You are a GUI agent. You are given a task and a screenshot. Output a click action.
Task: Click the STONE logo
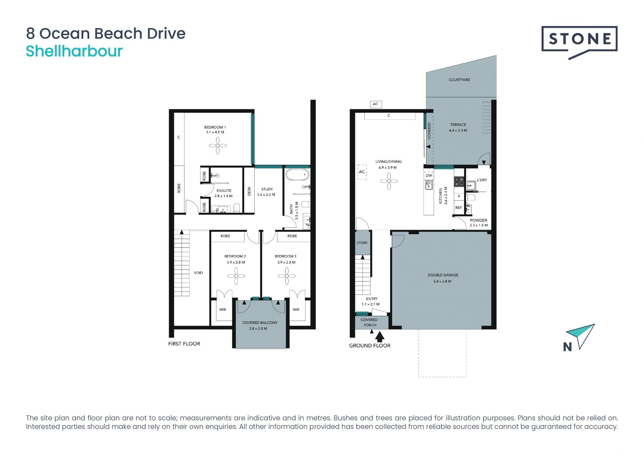click(x=579, y=42)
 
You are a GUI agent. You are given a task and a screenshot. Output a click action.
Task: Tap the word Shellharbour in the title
click(x=74, y=51)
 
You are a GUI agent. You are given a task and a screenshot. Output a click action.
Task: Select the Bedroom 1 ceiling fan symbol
click(x=218, y=146)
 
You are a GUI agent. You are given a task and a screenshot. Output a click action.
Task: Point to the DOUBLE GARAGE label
click(x=443, y=275)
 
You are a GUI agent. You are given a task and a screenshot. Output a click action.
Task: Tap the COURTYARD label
click(x=459, y=80)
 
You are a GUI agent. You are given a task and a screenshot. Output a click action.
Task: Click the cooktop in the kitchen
click(x=459, y=182)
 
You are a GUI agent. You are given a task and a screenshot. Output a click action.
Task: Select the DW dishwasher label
click(x=429, y=175)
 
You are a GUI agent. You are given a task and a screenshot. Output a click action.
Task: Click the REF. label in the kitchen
click(x=459, y=208)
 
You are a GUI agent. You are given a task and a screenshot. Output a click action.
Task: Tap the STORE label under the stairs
click(x=362, y=243)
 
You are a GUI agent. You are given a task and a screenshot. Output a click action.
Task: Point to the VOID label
click(x=198, y=273)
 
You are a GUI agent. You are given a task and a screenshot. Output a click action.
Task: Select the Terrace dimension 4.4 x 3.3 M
click(x=458, y=130)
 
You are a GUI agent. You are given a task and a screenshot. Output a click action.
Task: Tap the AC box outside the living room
click(x=375, y=104)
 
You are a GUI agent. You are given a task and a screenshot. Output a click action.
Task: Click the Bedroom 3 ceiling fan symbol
click(x=286, y=276)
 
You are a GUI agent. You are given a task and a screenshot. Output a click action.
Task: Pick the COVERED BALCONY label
click(x=260, y=323)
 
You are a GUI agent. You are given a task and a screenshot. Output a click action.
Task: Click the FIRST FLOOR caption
click(x=184, y=344)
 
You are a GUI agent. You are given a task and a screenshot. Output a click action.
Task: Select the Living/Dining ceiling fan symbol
click(x=389, y=181)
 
